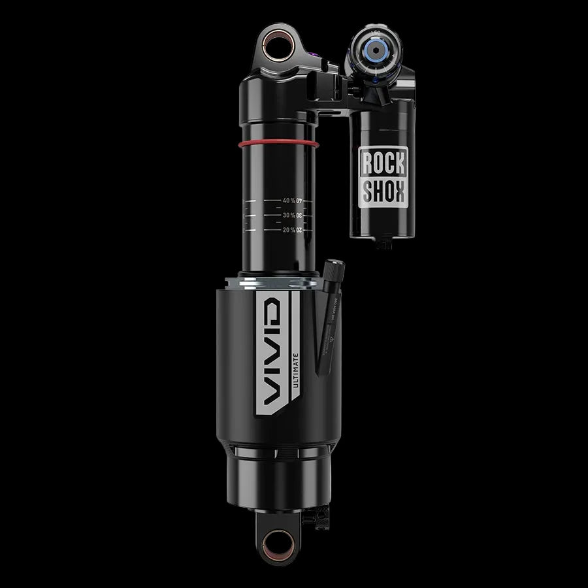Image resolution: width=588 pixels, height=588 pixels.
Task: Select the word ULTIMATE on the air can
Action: [x=295, y=372]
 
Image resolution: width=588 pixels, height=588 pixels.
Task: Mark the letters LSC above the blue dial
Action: [x=375, y=31]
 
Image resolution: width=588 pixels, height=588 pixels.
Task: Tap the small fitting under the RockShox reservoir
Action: [x=384, y=244]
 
